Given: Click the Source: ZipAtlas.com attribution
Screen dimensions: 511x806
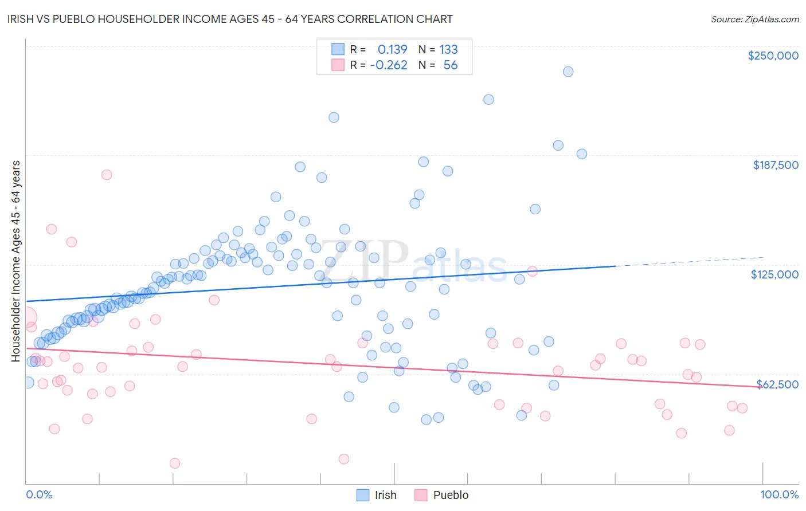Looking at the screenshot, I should pyautogui.click(x=754, y=19).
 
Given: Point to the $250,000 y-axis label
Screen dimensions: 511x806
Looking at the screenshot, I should pyautogui.click(x=773, y=56).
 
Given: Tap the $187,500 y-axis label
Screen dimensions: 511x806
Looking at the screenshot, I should pyautogui.click(x=775, y=165).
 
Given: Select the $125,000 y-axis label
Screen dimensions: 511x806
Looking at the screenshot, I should pyautogui.click(x=774, y=274).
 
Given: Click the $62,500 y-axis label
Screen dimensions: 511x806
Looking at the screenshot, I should pyautogui.click(x=777, y=384).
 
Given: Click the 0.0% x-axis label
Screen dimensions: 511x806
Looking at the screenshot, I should pyautogui.click(x=39, y=494).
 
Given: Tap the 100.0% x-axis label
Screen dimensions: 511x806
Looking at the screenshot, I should pyautogui.click(x=779, y=494).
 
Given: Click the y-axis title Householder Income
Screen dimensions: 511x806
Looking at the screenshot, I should pyautogui.click(x=16, y=261).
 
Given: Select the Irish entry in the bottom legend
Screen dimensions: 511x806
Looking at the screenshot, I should pyautogui.click(x=377, y=495).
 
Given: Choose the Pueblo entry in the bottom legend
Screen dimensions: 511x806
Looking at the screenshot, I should pyautogui.click(x=441, y=495).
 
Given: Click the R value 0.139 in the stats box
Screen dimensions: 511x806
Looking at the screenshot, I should pyautogui.click(x=392, y=50).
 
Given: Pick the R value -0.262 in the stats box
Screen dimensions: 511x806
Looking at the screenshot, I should pyautogui.click(x=389, y=65).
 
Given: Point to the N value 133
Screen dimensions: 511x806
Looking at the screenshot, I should pyautogui.click(x=448, y=50).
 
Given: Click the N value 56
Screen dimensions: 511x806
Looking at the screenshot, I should pyautogui.click(x=451, y=65).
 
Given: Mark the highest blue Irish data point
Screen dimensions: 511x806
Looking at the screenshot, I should pyautogui.click(x=568, y=72).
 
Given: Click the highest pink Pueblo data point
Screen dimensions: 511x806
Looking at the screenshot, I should pyautogui.click(x=107, y=175).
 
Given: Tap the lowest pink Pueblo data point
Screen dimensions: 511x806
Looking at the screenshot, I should pyautogui.click(x=175, y=463).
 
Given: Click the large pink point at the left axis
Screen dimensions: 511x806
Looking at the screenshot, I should pyautogui.click(x=26, y=317).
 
